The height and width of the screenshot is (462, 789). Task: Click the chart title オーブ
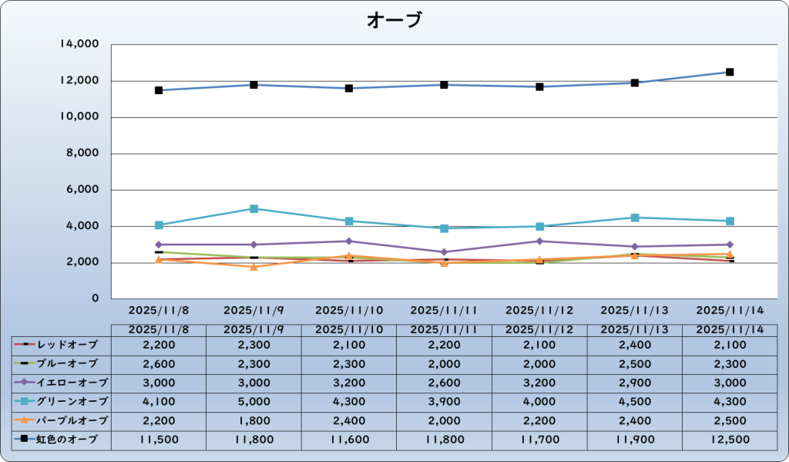pyautogui.click(x=394, y=20)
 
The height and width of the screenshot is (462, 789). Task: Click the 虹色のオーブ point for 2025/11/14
pyautogui.click(x=730, y=72)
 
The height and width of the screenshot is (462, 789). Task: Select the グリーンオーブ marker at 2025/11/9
pyautogui.click(x=253, y=208)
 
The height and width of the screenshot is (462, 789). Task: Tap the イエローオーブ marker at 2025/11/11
pyautogui.click(x=444, y=252)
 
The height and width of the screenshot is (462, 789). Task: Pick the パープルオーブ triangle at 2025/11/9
pyautogui.click(x=253, y=266)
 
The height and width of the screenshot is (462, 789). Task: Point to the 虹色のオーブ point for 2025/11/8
pyautogui.click(x=159, y=90)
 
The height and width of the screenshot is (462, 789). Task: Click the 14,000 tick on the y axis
pyautogui.click(x=79, y=45)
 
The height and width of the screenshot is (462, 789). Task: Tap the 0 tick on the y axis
pyautogui.click(x=95, y=298)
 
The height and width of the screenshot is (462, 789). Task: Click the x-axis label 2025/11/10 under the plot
pyautogui.click(x=349, y=310)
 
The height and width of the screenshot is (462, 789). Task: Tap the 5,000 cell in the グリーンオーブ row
pyautogui.click(x=253, y=401)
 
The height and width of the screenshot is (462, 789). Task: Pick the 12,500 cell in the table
pyautogui.click(x=730, y=440)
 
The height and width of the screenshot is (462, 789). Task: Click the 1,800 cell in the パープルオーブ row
pyautogui.click(x=253, y=420)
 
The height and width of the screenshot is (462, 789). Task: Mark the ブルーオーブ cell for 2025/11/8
pyautogui.click(x=159, y=363)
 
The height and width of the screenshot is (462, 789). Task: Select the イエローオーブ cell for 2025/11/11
pyautogui.click(x=444, y=382)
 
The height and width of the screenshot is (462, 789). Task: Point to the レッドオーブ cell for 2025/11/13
pyautogui.click(x=634, y=343)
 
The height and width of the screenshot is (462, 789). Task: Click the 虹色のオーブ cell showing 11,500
pyautogui.click(x=159, y=440)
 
